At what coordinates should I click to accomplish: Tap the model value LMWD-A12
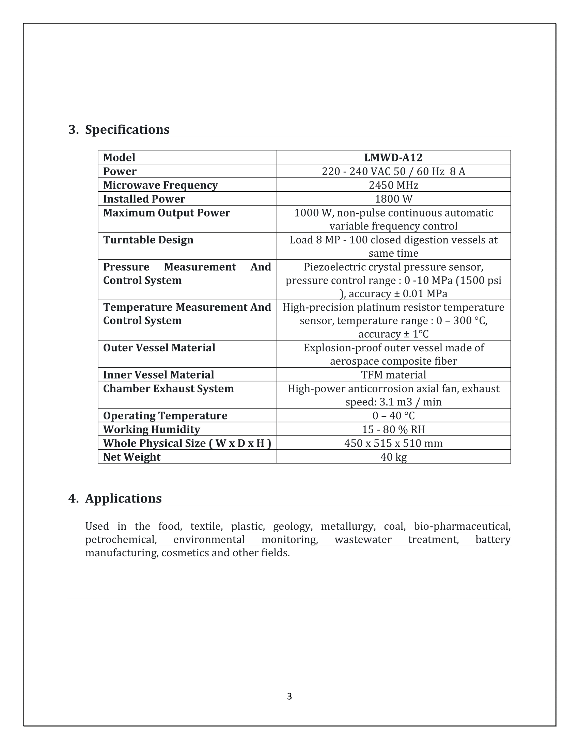point(393,157)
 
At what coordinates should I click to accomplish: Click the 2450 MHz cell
point(393,185)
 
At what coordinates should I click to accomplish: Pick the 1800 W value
point(393,199)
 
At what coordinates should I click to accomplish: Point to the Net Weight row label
point(132,457)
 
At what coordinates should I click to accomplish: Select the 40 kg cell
point(393,457)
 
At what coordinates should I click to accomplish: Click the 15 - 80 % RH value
point(393,429)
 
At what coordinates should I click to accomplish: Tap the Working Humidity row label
point(152,429)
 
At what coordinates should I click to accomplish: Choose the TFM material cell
point(393,374)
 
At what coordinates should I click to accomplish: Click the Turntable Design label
point(148,240)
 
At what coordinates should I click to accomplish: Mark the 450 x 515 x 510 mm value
point(393,443)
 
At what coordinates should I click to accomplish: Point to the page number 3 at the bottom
point(289,696)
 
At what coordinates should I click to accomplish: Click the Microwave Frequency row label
point(160,185)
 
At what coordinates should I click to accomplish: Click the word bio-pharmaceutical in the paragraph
point(462,526)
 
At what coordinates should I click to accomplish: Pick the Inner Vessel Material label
point(158,374)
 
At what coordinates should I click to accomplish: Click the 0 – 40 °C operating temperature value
point(393,416)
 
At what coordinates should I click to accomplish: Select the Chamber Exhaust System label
point(168,388)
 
